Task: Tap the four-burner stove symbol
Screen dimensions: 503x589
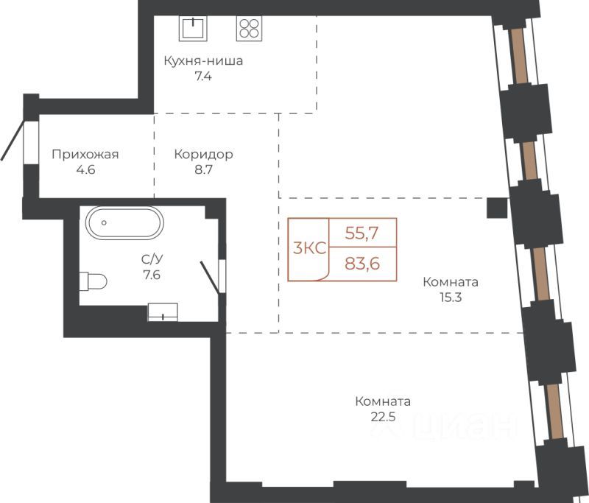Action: coord(249,28)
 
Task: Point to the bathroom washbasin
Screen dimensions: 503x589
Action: coord(163,312)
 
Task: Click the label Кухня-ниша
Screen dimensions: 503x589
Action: coord(203,60)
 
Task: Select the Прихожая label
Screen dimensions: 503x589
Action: coord(85,154)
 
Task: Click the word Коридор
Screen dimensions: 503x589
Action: coord(203,154)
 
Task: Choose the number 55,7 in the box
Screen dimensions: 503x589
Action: coord(361,233)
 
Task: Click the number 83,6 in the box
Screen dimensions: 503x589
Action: coord(361,263)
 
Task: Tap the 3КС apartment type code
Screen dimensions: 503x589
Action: coord(309,248)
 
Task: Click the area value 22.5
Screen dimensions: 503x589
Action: coord(382,417)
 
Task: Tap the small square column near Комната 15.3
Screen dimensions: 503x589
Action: coord(498,208)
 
